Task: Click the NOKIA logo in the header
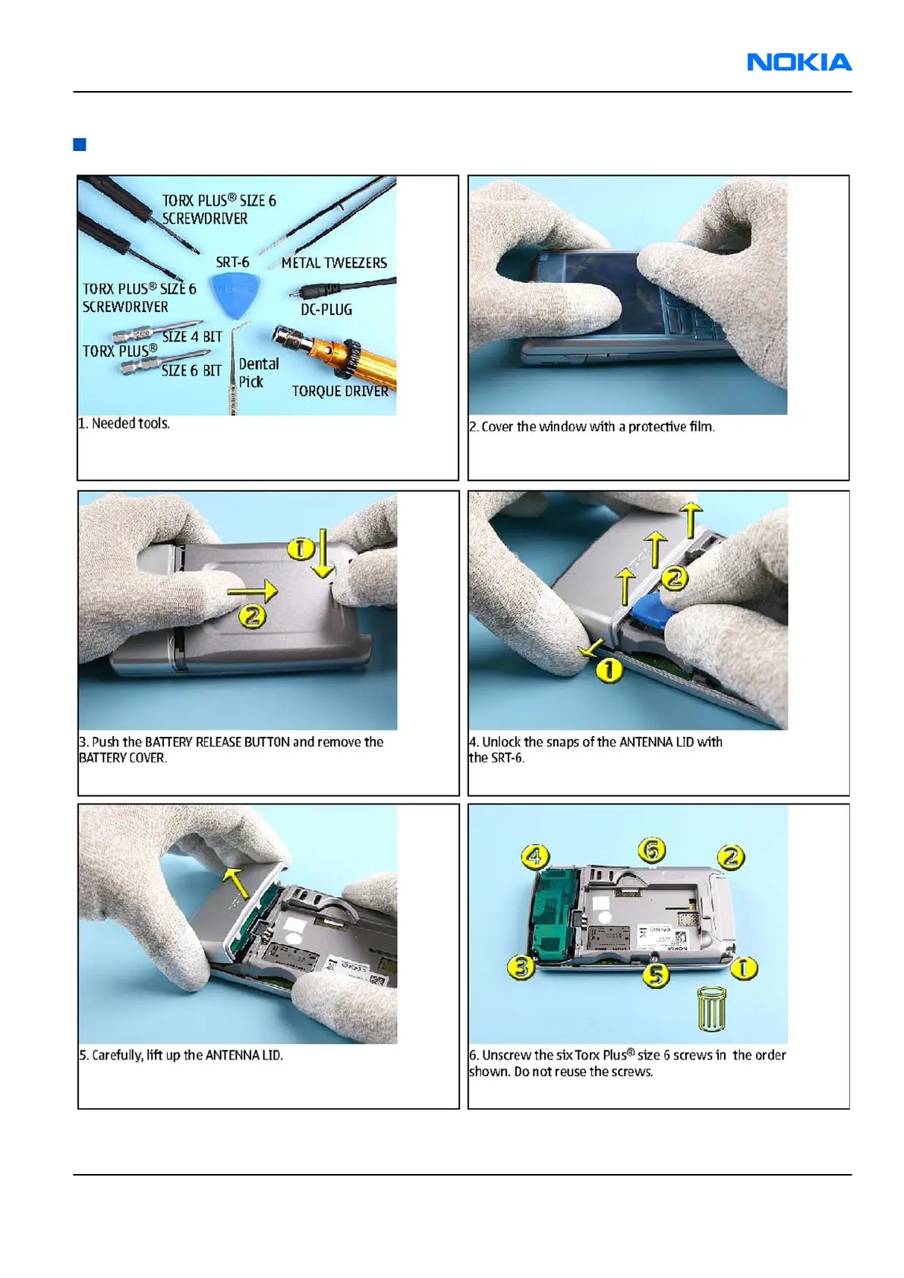tap(799, 61)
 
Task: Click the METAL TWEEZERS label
tap(334, 263)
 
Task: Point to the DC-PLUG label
tap(326, 309)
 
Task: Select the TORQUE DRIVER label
tap(339, 391)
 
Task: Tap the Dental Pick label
tap(259, 373)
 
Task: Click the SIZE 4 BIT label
tap(192, 337)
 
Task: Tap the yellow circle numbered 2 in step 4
tap(675, 578)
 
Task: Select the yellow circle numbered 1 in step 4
tap(609, 670)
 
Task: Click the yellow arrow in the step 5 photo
tap(236, 883)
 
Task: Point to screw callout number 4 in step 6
tap(535, 856)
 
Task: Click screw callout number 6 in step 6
tap(652, 850)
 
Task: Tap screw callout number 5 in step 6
tap(657, 974)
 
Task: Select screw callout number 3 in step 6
tap(521, 968)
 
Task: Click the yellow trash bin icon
tap(712, 1009)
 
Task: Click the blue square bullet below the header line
tap(80, 144)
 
